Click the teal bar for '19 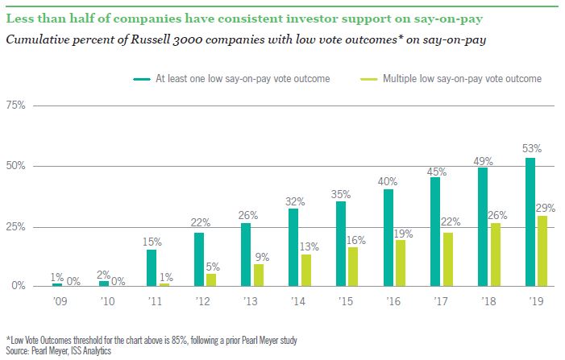point(530,221)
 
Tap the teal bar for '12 point(199,259)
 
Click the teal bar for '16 point(388,238)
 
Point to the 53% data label point(532,149)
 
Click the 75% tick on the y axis point(16,106)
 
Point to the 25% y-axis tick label point(16,226)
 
